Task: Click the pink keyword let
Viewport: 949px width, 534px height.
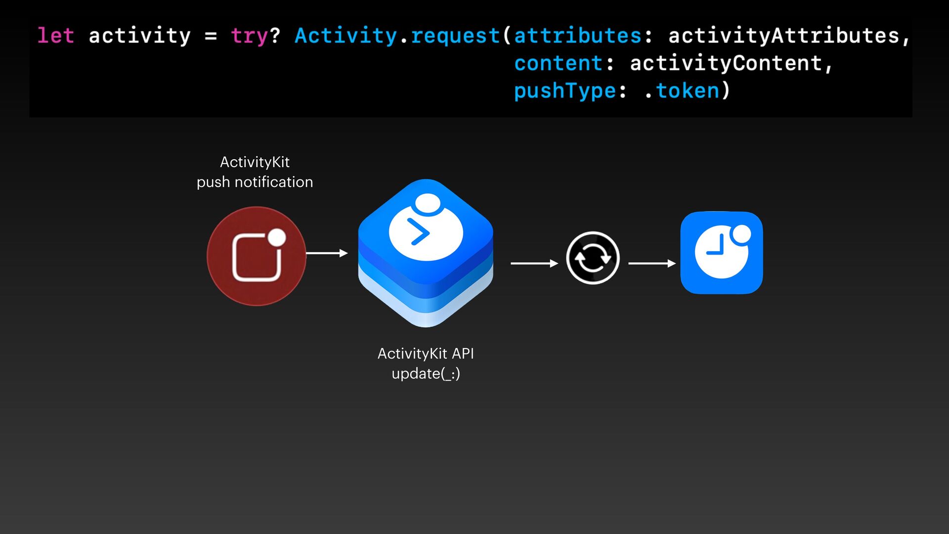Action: (56, 36)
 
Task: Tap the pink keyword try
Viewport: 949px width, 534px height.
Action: (249, 36)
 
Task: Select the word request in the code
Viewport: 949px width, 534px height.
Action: (455, 36)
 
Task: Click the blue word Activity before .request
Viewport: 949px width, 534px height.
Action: (345, 36)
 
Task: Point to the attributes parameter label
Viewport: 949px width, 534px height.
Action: (577, 36)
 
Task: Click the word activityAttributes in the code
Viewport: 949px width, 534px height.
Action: (783, 36)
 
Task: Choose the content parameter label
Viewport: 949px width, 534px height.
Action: (558, 63)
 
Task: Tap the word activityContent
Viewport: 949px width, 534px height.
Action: (726, 63)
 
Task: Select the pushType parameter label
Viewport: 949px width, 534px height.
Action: (564, 91)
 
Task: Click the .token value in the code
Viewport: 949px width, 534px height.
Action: (683, 91)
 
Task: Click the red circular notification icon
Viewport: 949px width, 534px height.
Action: (257, 256)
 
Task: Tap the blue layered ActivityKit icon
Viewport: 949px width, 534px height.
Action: (426, 253)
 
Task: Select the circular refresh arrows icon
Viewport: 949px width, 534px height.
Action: (593, 258)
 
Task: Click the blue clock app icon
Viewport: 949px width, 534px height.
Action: (722, 253)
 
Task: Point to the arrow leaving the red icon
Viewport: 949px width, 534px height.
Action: (327, 253)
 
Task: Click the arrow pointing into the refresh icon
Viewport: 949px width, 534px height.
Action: (534, 264)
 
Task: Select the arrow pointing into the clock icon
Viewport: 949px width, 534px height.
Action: (651, 264)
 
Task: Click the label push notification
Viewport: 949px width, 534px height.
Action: (255, 182)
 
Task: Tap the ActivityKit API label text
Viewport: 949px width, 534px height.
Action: (426, 354)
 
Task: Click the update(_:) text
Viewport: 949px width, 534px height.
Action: (426, 373)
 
